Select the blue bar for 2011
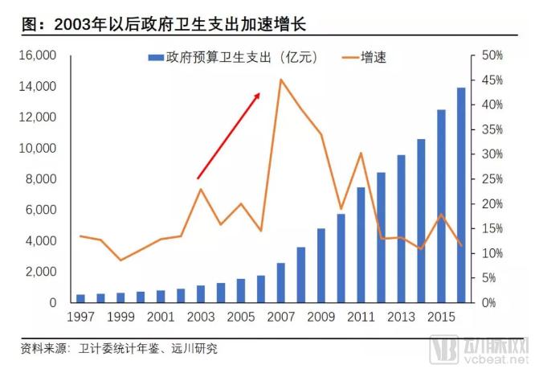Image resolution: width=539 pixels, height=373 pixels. (361, 245)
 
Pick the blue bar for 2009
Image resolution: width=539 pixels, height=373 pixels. (321, 265)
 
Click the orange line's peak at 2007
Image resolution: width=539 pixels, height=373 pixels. (280, 80)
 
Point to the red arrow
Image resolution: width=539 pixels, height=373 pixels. (229, 135)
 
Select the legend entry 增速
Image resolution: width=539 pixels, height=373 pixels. (365, 57)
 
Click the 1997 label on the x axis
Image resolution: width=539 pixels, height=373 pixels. (80, 318)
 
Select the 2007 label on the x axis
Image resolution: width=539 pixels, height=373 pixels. (280, 318)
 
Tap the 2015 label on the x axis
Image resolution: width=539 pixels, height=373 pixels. (441, 318)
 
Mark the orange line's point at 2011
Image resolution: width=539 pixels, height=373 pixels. (361, 153)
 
